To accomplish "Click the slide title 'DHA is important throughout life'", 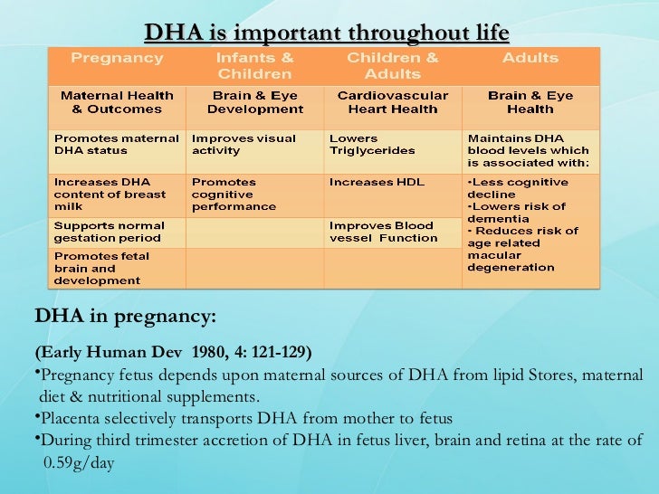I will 327,33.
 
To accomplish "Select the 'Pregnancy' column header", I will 117,58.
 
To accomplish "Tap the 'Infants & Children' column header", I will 254,65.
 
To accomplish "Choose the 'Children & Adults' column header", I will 392,65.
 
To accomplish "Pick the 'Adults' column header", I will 530,58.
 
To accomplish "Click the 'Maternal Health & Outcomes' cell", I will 117,102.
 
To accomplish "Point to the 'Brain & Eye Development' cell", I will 254,102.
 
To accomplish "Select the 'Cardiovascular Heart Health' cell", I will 392,102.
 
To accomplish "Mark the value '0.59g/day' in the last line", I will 80,462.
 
